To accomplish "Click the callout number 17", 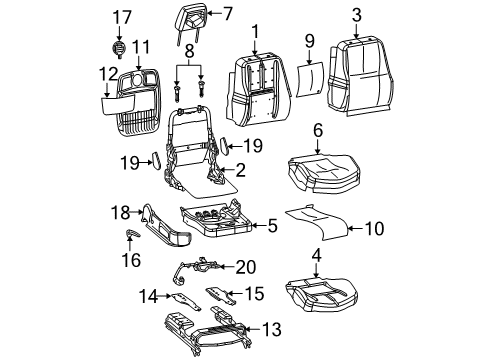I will click(x=121, y=16).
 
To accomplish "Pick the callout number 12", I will click(x=108, y=72).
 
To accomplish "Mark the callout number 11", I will click(x=141, y=46).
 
